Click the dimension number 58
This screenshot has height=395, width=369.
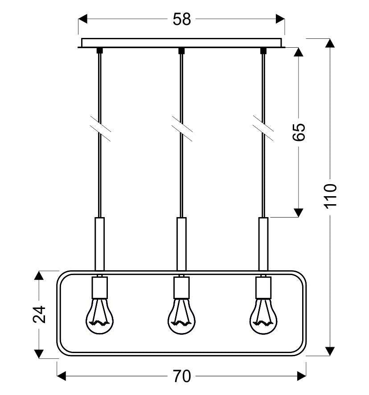coord(182,19)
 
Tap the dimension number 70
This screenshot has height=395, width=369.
coord(182,376)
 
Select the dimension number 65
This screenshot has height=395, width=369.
coord(299,132)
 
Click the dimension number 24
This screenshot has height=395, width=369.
coord(39,314)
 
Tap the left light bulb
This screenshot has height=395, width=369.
coord(100,316)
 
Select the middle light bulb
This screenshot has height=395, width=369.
coord(182,316)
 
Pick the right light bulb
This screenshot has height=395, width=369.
coord(263,316)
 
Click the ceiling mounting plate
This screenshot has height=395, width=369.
coord(181,43)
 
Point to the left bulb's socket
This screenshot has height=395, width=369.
coord(100,287)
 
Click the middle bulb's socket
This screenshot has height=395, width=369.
coord(182,287)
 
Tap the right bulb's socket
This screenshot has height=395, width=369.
coord(263,287)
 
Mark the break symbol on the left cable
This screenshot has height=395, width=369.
coord(101,129)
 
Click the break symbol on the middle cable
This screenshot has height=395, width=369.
coord(182,129)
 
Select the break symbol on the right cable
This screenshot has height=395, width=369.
coord(263,129)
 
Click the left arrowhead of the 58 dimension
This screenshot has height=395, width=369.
coord(82,19)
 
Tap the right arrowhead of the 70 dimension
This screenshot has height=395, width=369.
coord(302,376)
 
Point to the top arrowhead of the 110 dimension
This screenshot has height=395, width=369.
coord(330,43)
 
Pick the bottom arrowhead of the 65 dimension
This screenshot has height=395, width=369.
coord(299,213)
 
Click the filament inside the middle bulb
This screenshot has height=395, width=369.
coord(181,315)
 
